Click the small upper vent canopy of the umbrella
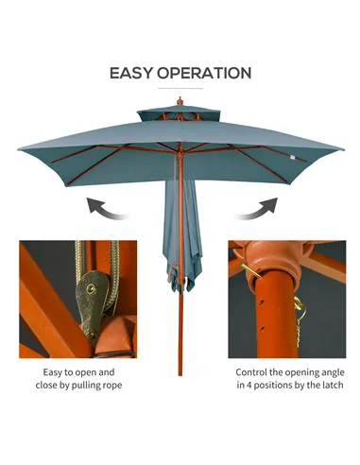click(180, 114)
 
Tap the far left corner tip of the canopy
click(20, 149)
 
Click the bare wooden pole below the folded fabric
click(180, 331)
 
